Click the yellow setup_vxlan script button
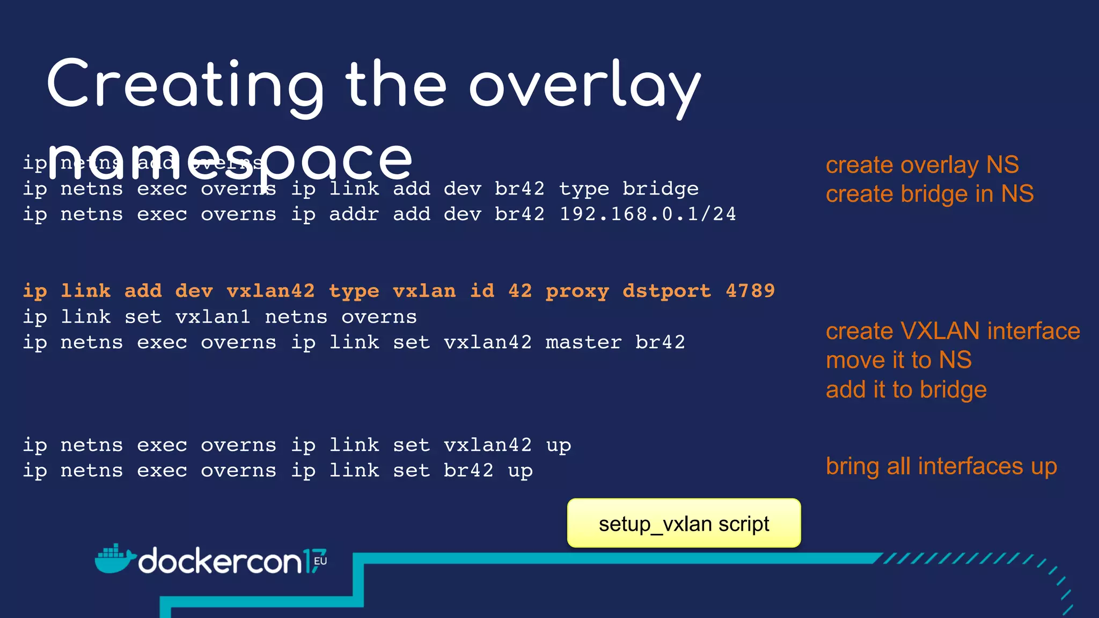click(x=684, y=524)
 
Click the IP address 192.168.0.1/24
click(x=648, y=214)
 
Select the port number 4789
click(x=750, y=291)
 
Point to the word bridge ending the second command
click(x=661, y=189)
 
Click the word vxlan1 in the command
click(x=213, y=317)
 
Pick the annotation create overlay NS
click(x=922, y=165)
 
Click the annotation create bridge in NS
click(x=929, y=194)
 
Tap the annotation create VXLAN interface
click(x=953, y=331)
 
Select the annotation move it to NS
click(x=898, y=360)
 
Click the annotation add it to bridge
click(x=906, y=389)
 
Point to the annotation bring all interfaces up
click(x=941, y=466)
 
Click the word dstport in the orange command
click(x=666, y=291)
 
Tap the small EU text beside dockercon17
click(x=320, y=561)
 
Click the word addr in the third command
click(x=354, y=214)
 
